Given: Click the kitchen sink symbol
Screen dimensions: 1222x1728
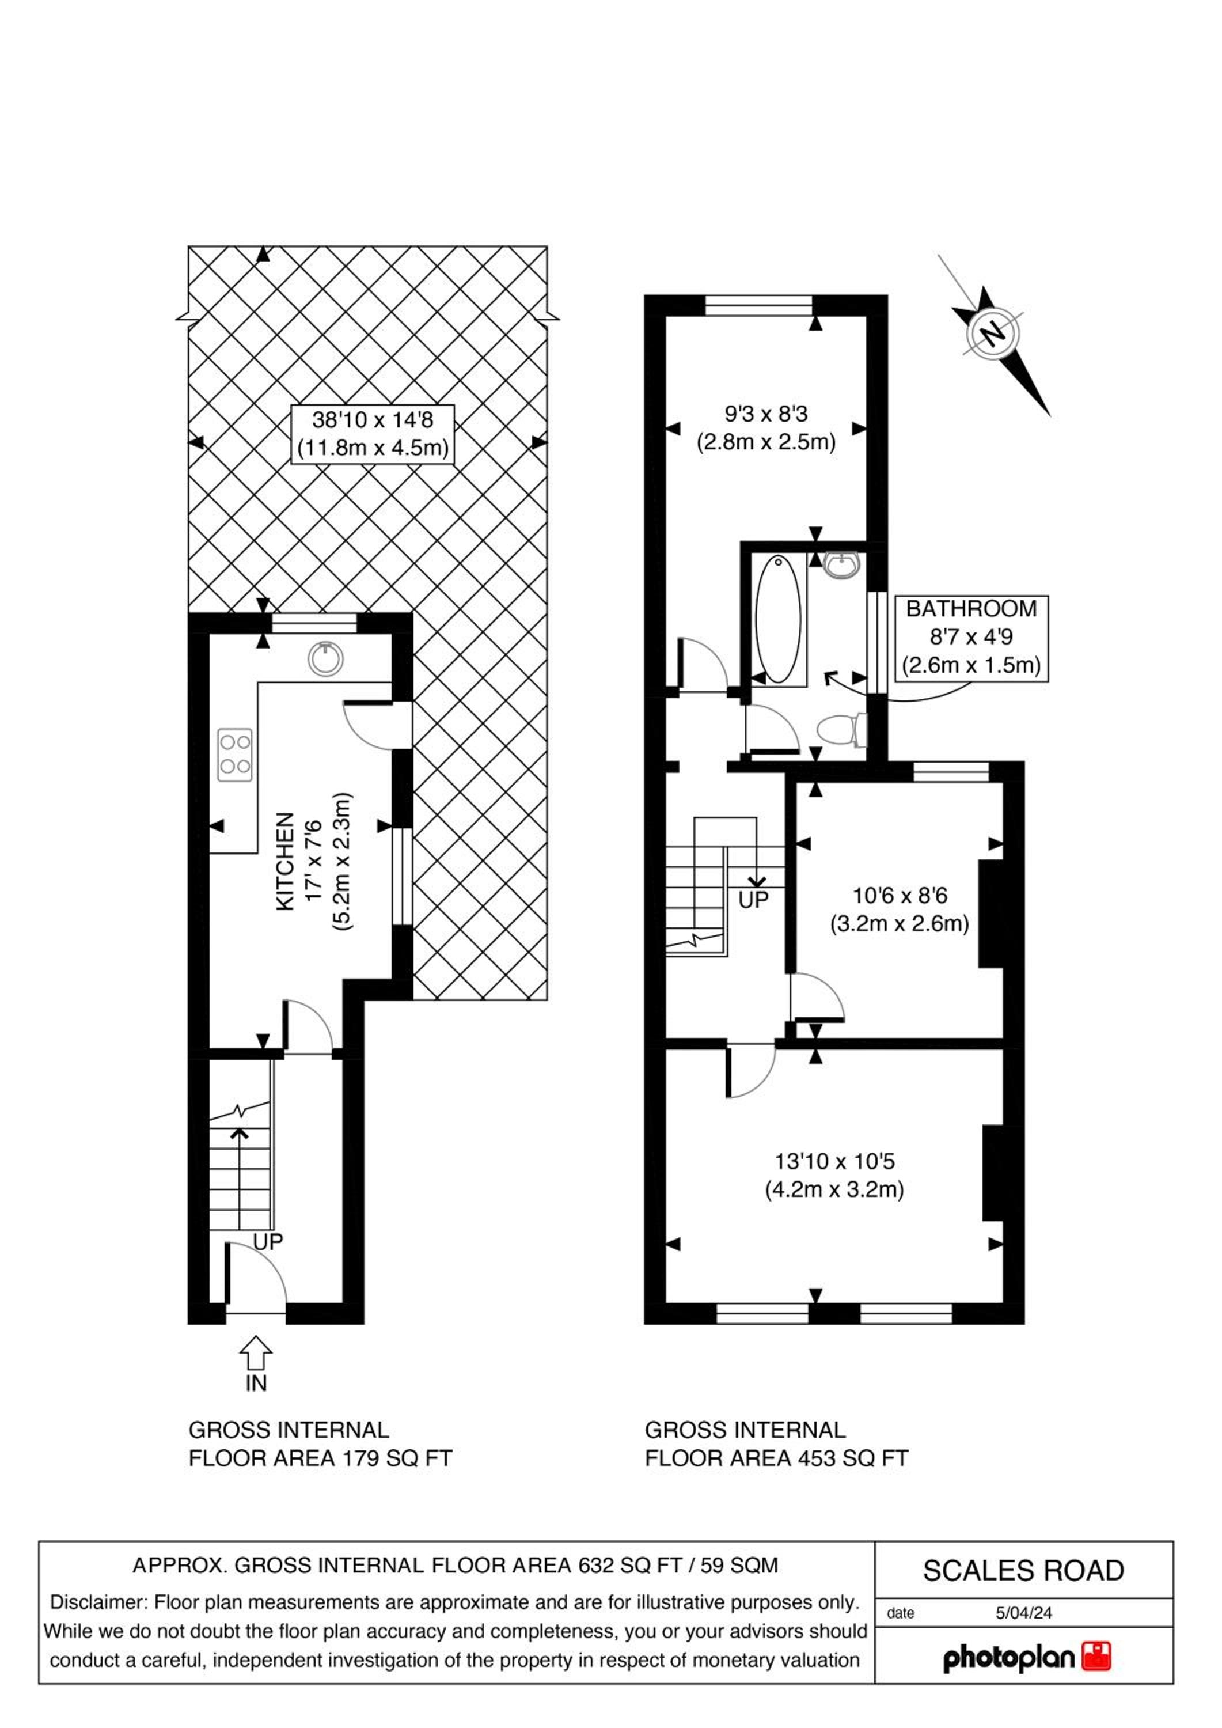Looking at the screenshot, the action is click(x=325, y=658).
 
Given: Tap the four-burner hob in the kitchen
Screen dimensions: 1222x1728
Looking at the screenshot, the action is click(x=235, y=755).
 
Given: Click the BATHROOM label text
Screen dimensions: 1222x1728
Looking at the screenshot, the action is click(x=971, y=608).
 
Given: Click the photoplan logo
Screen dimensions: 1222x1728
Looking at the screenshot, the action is click(x=1027, y=1657).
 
